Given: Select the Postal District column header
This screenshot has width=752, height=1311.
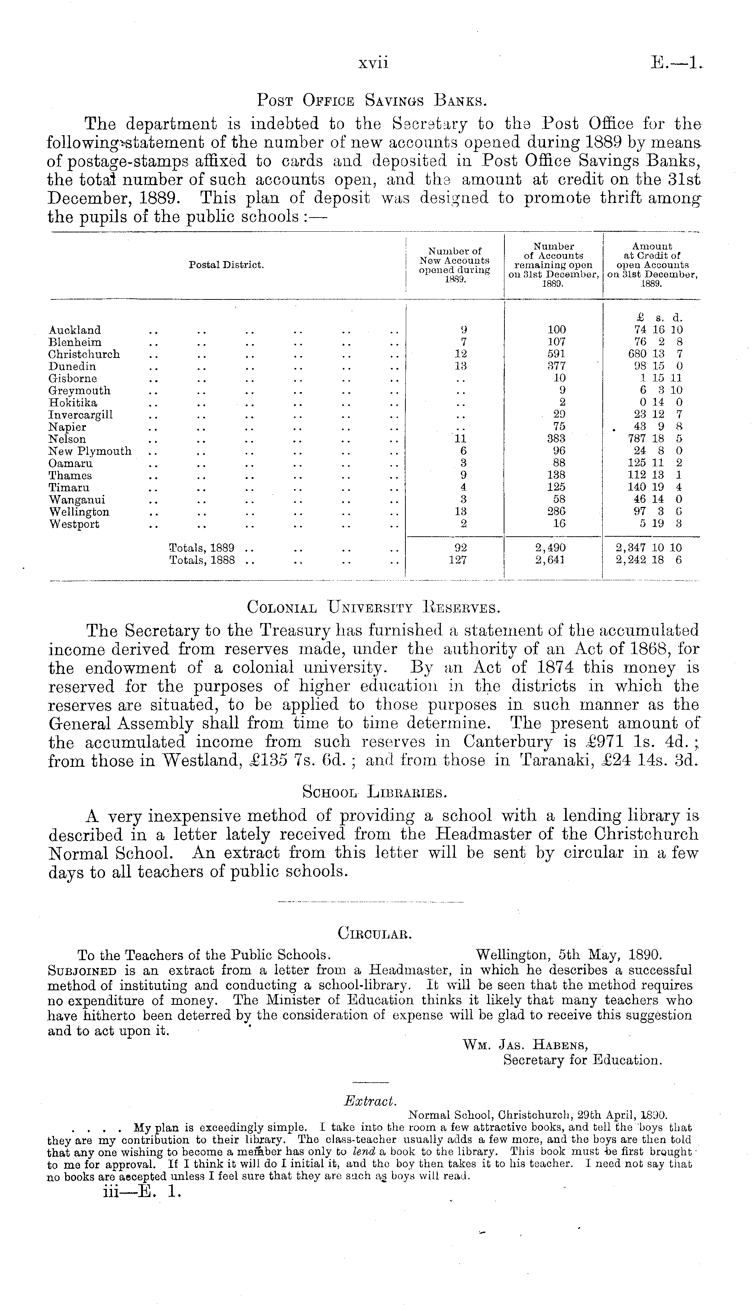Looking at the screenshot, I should (226, 265).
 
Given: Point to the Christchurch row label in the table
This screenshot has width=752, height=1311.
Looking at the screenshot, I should (84, 354).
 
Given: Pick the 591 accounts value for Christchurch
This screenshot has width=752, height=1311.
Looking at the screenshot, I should (556, 354).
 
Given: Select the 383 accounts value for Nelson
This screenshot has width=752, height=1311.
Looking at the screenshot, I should (556, 439).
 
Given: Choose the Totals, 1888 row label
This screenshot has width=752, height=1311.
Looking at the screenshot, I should (203, 559).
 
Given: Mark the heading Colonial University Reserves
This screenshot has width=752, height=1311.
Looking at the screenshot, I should (373, 607).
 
